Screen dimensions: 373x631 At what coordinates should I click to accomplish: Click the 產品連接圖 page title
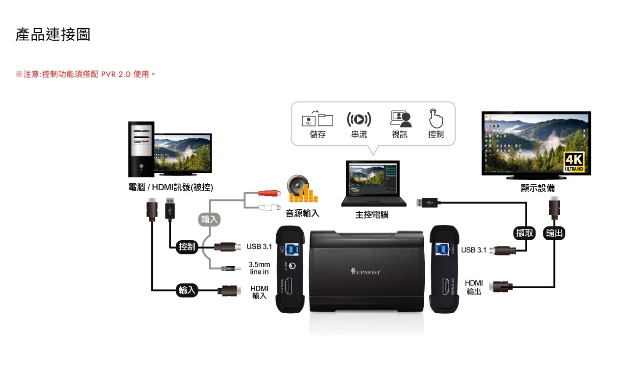tap(53, 35)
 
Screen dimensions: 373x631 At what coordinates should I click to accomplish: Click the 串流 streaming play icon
tap(359, 119)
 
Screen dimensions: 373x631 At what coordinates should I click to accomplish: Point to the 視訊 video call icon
tap(400, 118)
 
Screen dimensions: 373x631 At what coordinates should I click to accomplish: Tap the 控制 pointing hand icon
tap(436, 118)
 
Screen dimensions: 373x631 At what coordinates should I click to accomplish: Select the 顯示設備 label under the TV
tap(537, 188)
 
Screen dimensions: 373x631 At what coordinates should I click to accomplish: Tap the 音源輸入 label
tap(302, 213)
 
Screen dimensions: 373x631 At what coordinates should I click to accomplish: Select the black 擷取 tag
tap(525, 233)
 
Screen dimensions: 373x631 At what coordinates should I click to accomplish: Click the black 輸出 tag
tap(554, 233)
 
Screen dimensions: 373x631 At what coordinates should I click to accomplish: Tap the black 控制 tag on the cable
tap(187, 247)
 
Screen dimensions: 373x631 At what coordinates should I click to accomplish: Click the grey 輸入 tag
tap(209, 219)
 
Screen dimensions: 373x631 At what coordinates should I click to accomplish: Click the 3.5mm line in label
tap(259, 268)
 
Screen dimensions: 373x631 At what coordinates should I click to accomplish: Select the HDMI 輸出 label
tap(474, 287)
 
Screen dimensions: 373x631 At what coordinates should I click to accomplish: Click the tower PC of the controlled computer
tap(141, 149)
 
